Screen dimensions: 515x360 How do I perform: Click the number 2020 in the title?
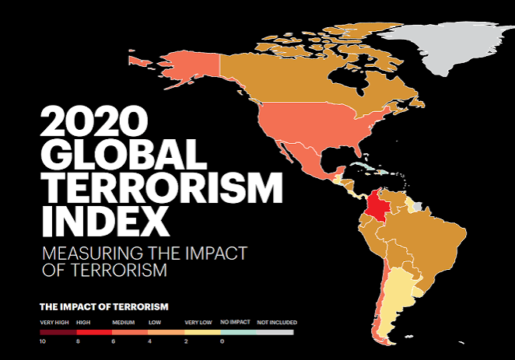pos(94,121)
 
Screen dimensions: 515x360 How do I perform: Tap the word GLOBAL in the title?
pos(124,154)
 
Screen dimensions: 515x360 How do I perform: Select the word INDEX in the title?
pos(106,221)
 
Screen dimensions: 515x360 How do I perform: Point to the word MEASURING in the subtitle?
pos(93,253)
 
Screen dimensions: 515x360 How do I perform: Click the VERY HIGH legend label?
pos(54,323)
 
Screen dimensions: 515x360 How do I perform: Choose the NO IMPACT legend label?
pos(235,322)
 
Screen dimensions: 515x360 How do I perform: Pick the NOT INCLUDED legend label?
pos(277,323)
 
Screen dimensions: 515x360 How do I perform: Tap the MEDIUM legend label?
pos(124,323)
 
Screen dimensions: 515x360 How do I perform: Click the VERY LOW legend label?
pos(198,323)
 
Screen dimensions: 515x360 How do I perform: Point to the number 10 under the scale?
pos(43,341)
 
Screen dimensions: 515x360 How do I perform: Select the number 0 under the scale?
pos(222,341)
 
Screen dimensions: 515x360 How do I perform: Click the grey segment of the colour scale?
pos(275,333)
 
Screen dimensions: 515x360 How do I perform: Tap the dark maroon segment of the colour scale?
pos(58,333)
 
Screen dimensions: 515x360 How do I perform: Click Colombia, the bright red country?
pos(377,207)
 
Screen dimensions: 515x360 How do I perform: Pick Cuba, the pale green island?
pos(363,166)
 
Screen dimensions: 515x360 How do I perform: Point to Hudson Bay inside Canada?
pos(349,79)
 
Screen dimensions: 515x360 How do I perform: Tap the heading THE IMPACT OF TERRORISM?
pos(104,307)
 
